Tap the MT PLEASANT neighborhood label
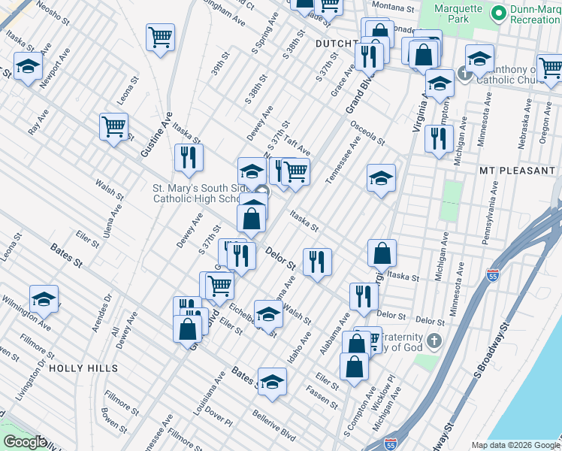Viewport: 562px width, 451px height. [517, 171]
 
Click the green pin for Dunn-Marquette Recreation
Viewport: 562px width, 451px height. [497, 14]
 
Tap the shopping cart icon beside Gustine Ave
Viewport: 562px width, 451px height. [113, 126]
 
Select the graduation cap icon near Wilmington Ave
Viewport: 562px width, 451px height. [44, 299]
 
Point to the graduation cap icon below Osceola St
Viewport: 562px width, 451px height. [381, 178]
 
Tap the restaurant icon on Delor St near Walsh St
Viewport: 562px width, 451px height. [317, 262]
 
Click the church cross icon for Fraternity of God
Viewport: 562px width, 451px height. [434, 342]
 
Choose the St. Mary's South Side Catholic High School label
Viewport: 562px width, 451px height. [198, 193]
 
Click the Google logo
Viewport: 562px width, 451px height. [25, 442]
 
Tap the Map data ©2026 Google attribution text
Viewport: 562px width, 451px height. [515, 445]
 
